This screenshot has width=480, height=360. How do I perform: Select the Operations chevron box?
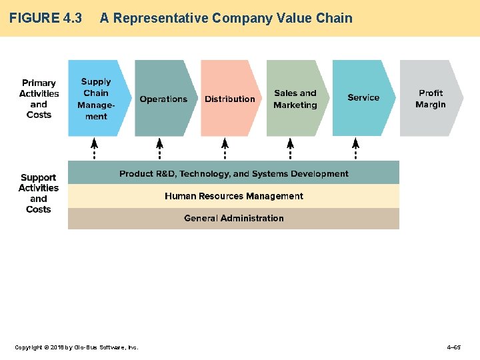[x=164, y=99]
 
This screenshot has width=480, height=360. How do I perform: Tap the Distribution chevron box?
[x=230, y=99]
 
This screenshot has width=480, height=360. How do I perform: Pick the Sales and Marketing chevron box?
[x=295, y=99]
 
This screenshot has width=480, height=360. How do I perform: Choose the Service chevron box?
[x=363, y=98]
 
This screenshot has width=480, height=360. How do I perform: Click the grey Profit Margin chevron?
[x=431, y=99]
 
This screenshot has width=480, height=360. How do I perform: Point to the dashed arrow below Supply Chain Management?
[x=94, y=149]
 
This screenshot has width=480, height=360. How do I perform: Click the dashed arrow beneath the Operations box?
[x=159, y=149]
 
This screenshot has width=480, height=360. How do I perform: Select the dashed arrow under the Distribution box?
[x=225, y=149]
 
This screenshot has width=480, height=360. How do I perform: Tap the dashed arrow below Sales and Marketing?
[x=290, y=149]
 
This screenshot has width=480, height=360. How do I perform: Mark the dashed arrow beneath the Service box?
[x=355, y=149]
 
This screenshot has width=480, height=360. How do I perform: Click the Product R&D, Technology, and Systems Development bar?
[x=233, y=173]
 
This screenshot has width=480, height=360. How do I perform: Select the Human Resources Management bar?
[x=233, y=196]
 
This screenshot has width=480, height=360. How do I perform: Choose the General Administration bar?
[x=233, y=218]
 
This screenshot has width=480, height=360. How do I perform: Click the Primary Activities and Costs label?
[x=39, y=99]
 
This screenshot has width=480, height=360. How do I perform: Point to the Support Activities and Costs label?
[x=39, y=193]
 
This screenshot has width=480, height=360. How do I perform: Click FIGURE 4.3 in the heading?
[x=45, y=18]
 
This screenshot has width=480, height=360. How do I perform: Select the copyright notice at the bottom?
[x=77, y=347]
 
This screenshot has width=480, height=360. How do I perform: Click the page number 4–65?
[x=453, y=347]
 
